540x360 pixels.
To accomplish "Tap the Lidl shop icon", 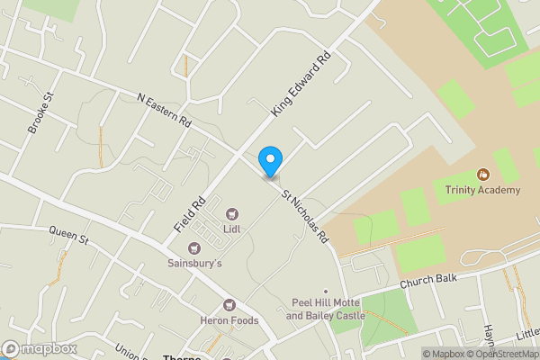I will coord(232,214).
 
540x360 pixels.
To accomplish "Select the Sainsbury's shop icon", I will coord(193,248).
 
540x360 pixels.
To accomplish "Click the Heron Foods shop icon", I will coord(229,306).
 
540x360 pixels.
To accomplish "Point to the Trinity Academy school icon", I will coord(482,175).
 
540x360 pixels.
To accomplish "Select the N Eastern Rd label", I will coord(165,108).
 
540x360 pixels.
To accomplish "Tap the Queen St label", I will coord(68,240).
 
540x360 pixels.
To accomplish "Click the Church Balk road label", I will coord(429,281).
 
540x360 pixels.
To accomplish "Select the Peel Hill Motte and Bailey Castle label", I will coord(326,310).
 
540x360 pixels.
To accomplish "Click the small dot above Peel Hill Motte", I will coord(327,291).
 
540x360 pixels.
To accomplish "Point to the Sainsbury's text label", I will coord(193,264).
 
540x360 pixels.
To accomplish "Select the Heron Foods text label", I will coord(229,320).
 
